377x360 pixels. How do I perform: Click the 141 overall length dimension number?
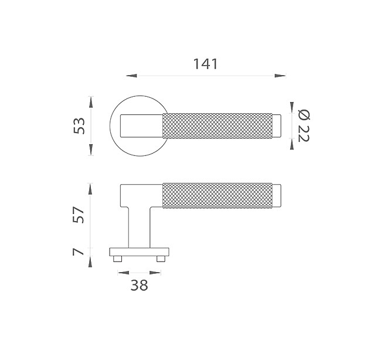206,64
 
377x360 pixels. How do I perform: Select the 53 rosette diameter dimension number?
79,126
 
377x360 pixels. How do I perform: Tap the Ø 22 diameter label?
304,126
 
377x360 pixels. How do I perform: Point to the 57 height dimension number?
79,215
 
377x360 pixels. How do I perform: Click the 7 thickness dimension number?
79,252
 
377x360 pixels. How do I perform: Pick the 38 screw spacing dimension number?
139,286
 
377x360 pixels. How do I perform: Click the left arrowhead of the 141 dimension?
131,76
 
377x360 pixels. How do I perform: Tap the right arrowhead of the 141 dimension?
280,76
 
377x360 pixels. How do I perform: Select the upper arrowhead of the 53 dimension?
91,102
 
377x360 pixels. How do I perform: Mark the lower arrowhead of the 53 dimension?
91,150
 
